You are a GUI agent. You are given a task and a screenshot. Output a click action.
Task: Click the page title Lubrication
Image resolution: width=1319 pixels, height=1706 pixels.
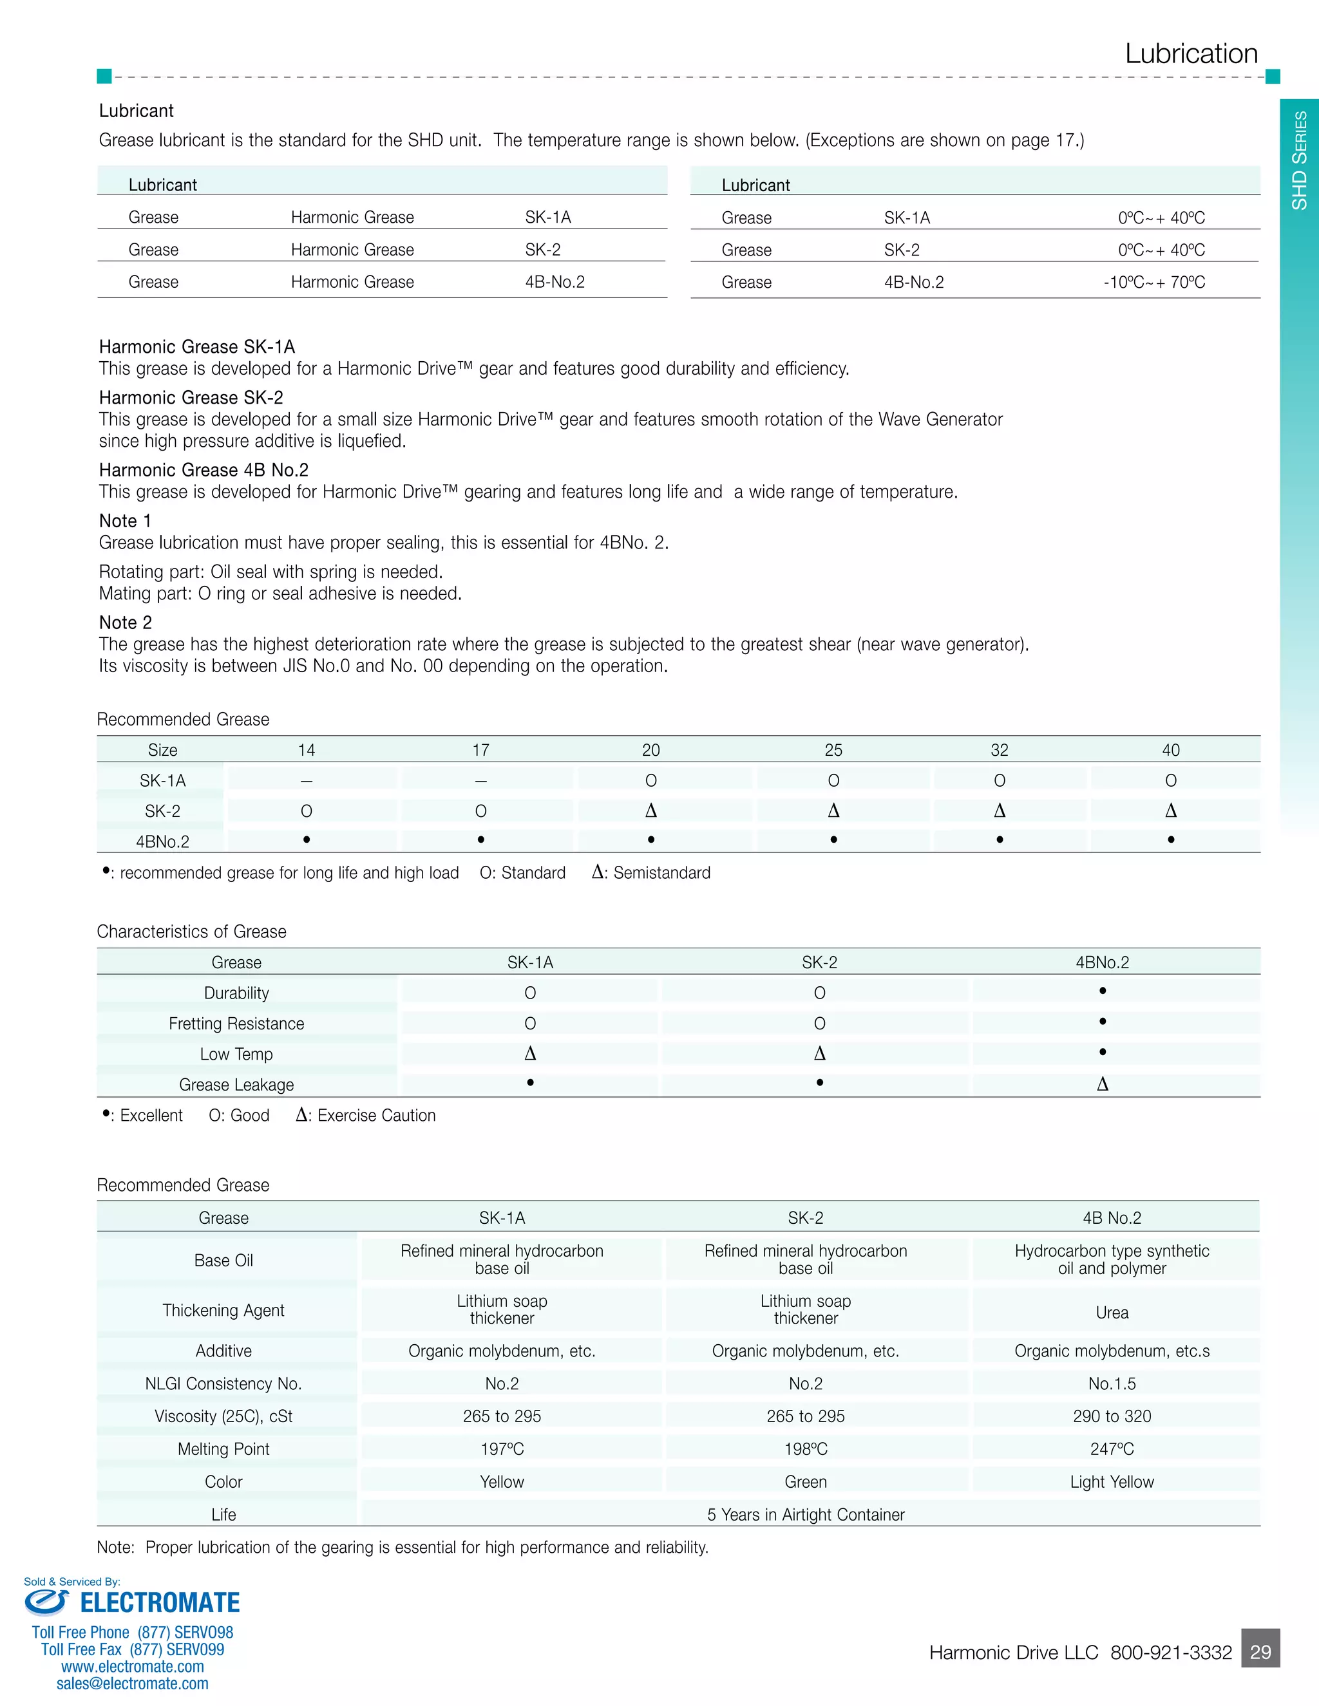1191,54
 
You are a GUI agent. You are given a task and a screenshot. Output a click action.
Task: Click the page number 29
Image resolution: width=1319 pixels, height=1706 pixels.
1260,1651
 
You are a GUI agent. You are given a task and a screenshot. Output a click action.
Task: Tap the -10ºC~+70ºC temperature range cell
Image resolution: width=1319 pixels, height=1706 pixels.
1153,282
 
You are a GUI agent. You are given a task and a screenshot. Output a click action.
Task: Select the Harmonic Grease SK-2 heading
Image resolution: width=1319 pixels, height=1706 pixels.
191,398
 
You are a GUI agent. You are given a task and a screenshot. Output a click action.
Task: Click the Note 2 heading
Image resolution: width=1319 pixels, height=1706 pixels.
125,623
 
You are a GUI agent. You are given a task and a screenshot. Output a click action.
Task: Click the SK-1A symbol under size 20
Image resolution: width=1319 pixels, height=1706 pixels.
651,780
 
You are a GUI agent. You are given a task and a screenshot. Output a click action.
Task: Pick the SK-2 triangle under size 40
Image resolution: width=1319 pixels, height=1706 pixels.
1170,811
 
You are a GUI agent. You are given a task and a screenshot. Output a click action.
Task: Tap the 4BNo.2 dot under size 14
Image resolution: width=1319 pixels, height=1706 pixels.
307,839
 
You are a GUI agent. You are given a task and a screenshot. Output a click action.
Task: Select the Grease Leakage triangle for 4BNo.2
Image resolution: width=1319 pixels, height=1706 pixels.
1102,1083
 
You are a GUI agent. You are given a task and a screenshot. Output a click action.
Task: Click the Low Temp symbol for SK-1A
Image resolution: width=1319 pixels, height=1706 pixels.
530,1054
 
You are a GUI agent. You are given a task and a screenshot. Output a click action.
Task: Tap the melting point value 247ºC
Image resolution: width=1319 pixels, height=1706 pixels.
1111,1449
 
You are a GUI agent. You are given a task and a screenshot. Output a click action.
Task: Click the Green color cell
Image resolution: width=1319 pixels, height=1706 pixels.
805,1482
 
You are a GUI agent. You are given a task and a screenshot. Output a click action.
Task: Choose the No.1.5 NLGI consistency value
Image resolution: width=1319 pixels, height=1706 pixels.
1111,1383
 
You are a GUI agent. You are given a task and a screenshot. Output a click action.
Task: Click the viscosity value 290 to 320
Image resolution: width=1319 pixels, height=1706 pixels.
1111,1416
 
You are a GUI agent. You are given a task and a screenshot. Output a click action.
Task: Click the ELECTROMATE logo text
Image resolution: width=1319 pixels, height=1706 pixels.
160,1603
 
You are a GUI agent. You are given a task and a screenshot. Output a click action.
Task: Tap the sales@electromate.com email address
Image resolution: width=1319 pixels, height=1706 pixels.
132,1683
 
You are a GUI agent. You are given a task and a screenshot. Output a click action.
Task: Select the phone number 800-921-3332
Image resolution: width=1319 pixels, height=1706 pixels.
1170,1653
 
